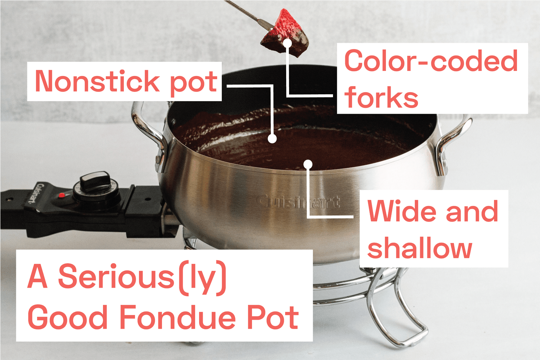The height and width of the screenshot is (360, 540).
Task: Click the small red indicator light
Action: point(62,195)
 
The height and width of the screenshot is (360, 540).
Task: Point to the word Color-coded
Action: point(431,61)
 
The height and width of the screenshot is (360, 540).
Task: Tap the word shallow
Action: point(419,248)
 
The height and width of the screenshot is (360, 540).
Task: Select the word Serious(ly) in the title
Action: point(142,277)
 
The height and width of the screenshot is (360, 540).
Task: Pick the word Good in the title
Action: point(68,318)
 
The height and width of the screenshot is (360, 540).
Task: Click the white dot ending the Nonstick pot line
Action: point(273,138)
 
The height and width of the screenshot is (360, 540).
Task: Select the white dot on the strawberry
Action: point(287,43)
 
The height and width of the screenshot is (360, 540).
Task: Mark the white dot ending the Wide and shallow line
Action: point(308,165)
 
